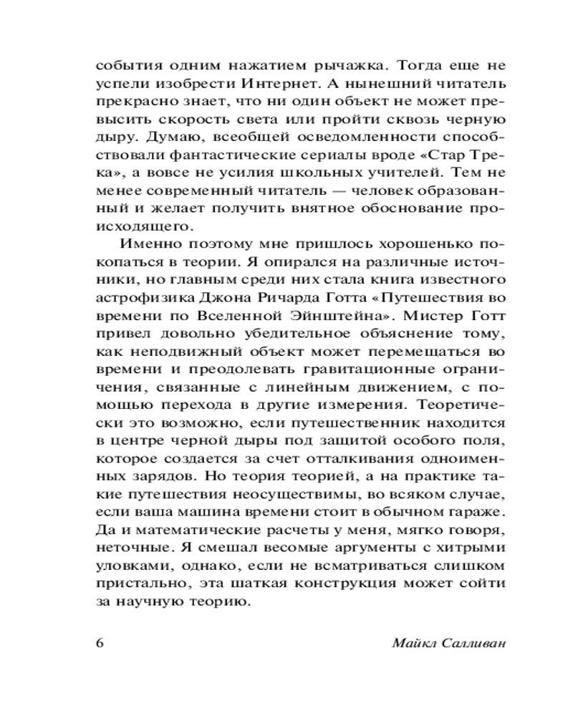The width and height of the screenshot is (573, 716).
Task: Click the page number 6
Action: pyautogui.click(x=100, y=642)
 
